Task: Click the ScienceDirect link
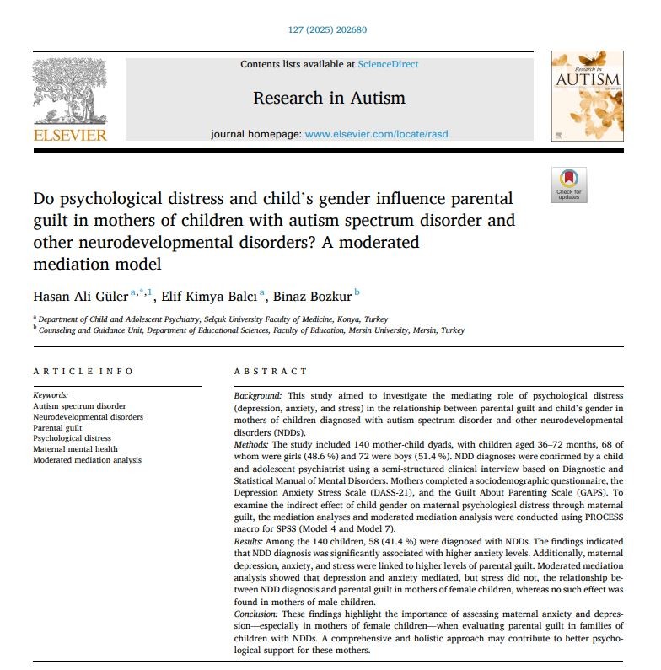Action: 388,64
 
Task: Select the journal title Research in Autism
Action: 329,99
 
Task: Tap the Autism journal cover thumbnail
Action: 586,95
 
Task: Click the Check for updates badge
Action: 568,185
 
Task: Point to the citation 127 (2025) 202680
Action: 329,31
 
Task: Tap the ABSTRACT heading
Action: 271,372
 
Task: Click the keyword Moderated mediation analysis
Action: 88,460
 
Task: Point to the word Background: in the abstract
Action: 259,395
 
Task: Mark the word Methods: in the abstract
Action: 253,444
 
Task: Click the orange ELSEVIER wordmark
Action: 69,135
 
